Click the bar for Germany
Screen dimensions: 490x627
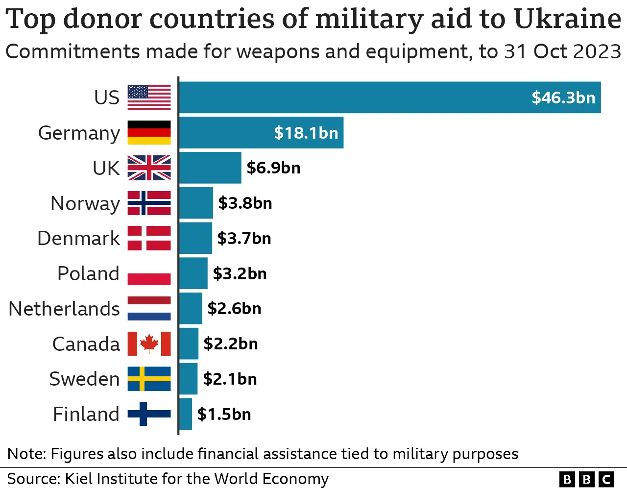click(x=261, y=133)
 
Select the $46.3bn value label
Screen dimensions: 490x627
click(x=563, y=98)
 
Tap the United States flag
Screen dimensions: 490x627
click(x=149, y=97)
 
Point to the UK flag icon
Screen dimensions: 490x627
click(x=149, y=168)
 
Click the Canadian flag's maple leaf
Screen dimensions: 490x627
click(x=149, y=343)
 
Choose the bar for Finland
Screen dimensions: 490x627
click(x=185, y=414)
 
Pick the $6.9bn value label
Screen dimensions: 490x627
click(x=273, y=168)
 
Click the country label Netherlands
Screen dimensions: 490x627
click(x=64, y=309)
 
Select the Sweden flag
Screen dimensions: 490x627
click(x=149, y=379)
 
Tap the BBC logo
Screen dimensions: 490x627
click(x=586, y=479)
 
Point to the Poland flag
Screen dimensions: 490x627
click(x=149, y=273)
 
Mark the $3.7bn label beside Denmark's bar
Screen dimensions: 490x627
click(x=244, y=239)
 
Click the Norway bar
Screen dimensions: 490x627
click(x=196, y=203)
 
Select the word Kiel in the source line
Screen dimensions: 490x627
click(x=75, y=479)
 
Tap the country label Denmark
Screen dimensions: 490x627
click(x=78, y=239)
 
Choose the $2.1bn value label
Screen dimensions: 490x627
click(x=230, y=379)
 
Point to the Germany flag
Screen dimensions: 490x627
click(x=149, y=133)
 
